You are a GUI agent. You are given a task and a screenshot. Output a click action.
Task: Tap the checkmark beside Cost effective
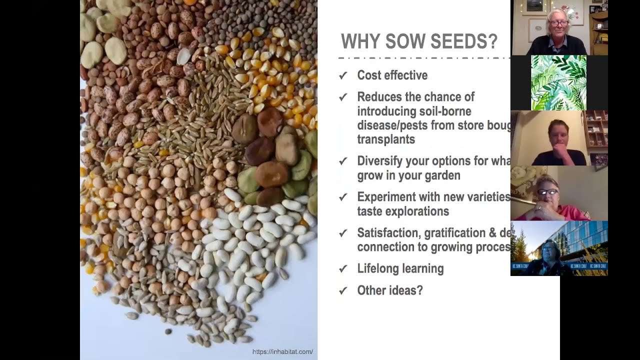click(343, 75)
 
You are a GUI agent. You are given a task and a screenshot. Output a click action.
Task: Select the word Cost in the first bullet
click(369, 75)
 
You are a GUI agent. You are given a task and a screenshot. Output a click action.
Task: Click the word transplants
click(386, 139)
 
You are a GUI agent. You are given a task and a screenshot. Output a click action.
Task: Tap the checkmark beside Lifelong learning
click(343, 269)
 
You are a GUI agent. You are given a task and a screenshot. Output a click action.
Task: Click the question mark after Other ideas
click(419, 290)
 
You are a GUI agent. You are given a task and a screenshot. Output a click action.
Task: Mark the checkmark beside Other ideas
click(343, 290)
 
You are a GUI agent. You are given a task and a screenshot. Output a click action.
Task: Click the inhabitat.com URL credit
click(282, 352)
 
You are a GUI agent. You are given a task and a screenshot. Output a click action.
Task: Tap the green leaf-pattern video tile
click(558, 82)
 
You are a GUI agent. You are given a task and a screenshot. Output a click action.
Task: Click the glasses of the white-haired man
click(558, 23)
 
